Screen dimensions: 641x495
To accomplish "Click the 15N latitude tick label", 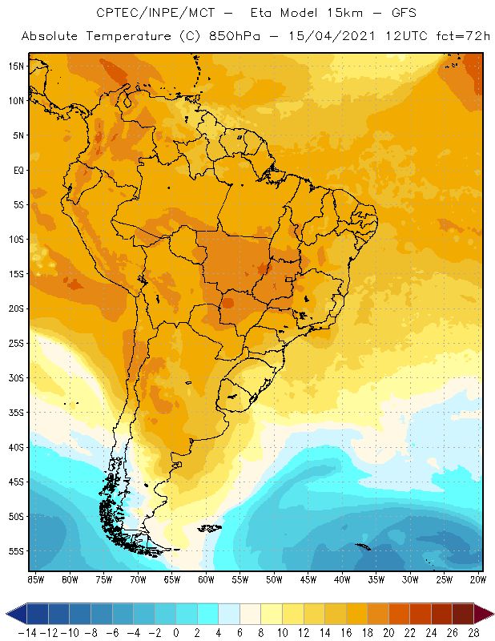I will pyautogui.click(x=16, y=66).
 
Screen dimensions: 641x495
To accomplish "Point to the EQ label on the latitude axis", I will pyautogui.click(x=17, y=170).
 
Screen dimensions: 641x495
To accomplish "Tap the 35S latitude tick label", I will pyautogui.click(x=16, y=413).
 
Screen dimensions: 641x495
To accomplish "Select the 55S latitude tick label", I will pyautogui.click(x=16, y=551).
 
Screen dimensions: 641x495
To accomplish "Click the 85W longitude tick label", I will pyautogui.click(x=35, y=579).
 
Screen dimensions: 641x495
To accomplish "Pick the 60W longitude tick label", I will pyautogui.click(x=207, y=579).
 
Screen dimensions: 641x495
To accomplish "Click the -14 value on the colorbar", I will pyautogui.click(x=27, y=632).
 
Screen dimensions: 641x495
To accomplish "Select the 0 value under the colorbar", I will pyautogui.click(x=176, y=632).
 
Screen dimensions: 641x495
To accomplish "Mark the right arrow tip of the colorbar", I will pyautogui.click(x=491, y=614).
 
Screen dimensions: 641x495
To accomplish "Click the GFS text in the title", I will pyautogui.click(x=396, y=13).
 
